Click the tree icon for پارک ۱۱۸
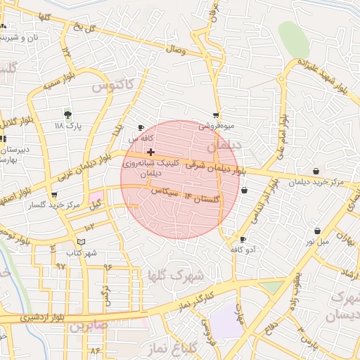pyautogui.click(x=67, y=114)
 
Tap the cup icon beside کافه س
pyautogui.click(x=141, y=128)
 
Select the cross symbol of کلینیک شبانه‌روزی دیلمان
pyautogui.click(x=150, y=152)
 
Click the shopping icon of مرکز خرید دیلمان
pyautogui.click(x=316, y=171)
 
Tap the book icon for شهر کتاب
pyautogui.click(x=82, y=242)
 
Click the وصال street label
pyautogui.click(x=175, y=50)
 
